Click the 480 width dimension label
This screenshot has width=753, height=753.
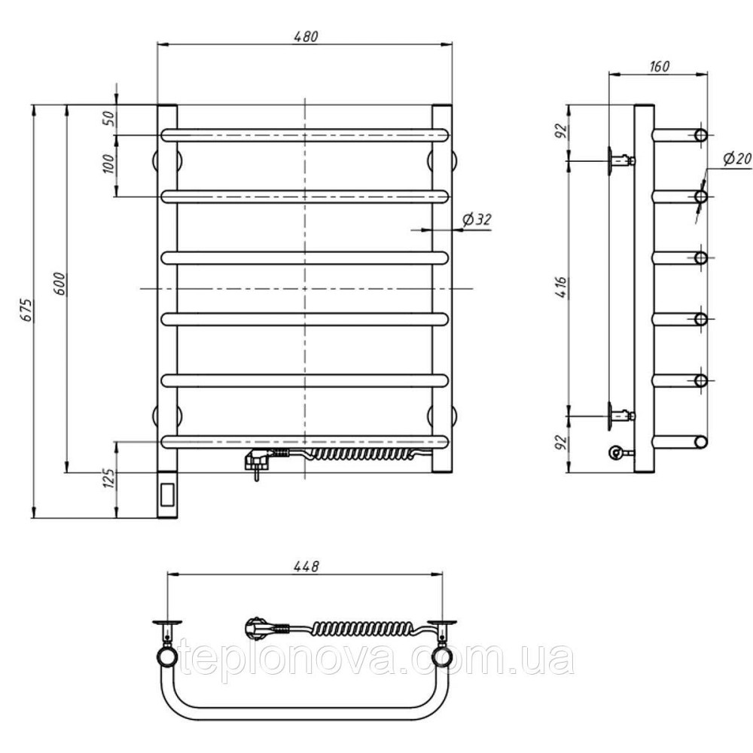pos(305,36)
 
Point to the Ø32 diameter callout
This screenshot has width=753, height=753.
pos(477,219)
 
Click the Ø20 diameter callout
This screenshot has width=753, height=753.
pos(737,159)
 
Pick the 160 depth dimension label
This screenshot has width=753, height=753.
pos(659,66)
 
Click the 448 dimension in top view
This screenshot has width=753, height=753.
pos(306,566)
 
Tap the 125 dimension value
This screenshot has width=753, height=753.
pos(109,478)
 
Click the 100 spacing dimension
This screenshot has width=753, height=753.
pos(109,165)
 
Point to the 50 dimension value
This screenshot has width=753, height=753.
pos(109,118)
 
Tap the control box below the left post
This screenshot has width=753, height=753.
pos(167,495)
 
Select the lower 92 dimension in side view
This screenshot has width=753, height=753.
pos(562,443)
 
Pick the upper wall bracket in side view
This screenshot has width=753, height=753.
pos(621,160)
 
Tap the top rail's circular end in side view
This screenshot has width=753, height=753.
pos(701,135)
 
